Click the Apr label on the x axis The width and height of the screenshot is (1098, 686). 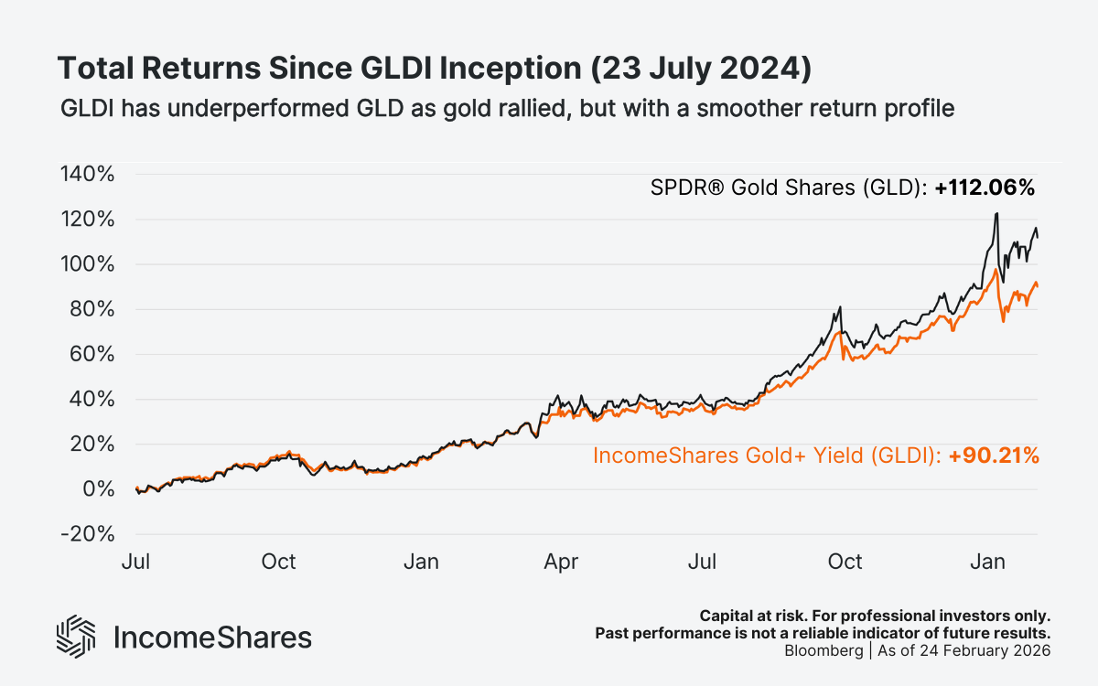pos(561,561)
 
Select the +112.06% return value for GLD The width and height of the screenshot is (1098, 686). pos(985,188)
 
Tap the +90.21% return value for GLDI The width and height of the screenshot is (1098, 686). pos(994,456)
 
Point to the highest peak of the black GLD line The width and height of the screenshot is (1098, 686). pos(996,213)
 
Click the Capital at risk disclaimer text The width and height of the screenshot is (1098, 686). pos(874,616)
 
